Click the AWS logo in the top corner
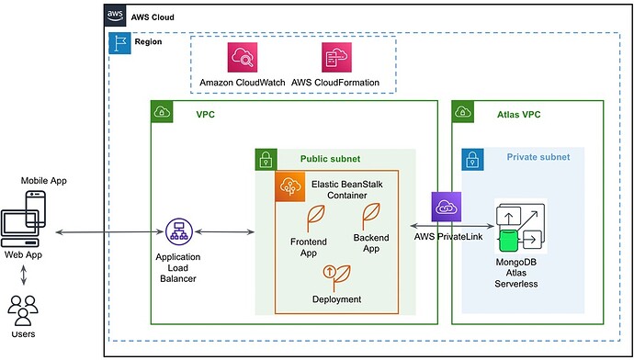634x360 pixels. pos(116,16)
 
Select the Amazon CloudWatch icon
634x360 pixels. pos(243,58)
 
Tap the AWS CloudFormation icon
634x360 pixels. pos(335,58)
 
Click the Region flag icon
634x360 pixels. pos(119,42)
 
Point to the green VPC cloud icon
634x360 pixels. pos(163,113)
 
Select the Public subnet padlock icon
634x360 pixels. pos(266,159)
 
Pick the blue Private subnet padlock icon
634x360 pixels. pos(472,159)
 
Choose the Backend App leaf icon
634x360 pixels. pos(372,215)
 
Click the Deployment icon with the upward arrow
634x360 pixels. pos(329,274)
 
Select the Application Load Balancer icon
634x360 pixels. pos(176,231)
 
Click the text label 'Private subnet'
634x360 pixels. pos(538,158)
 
